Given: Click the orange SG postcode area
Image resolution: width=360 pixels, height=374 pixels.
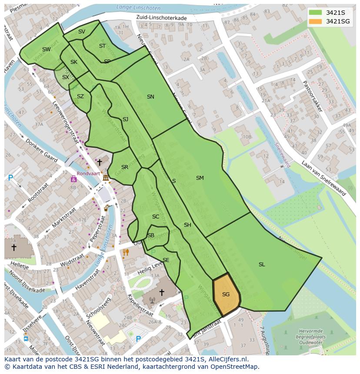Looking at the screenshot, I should pos(226,295).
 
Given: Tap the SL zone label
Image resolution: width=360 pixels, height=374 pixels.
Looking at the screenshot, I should pos(262,265).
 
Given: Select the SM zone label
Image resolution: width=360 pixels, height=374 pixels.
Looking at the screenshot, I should pos(200,178).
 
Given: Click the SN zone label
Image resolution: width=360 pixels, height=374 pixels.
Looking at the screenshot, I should pos(150,97).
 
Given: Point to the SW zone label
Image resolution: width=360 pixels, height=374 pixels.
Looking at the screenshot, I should pos(47,50).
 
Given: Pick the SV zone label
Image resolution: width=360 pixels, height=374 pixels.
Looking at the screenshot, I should pos(82,32).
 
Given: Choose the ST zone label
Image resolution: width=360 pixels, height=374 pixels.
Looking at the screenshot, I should pos(102,46).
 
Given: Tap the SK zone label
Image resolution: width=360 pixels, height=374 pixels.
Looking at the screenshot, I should pos(74,62).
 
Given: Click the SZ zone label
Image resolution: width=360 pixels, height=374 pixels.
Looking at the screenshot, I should pos(80,96).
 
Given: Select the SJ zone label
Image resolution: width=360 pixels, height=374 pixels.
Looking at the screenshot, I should pos(125,119).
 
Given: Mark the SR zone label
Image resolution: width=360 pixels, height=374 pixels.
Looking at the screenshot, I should pos(125,167).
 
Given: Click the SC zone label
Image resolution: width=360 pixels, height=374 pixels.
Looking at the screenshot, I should pos(156,217).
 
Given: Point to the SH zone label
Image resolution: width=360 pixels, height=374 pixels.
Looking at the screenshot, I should pos(187,225).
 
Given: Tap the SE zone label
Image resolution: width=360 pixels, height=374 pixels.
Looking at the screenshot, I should pos(166,260).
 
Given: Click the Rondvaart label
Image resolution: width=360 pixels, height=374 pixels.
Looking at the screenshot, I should pos(85,173).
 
